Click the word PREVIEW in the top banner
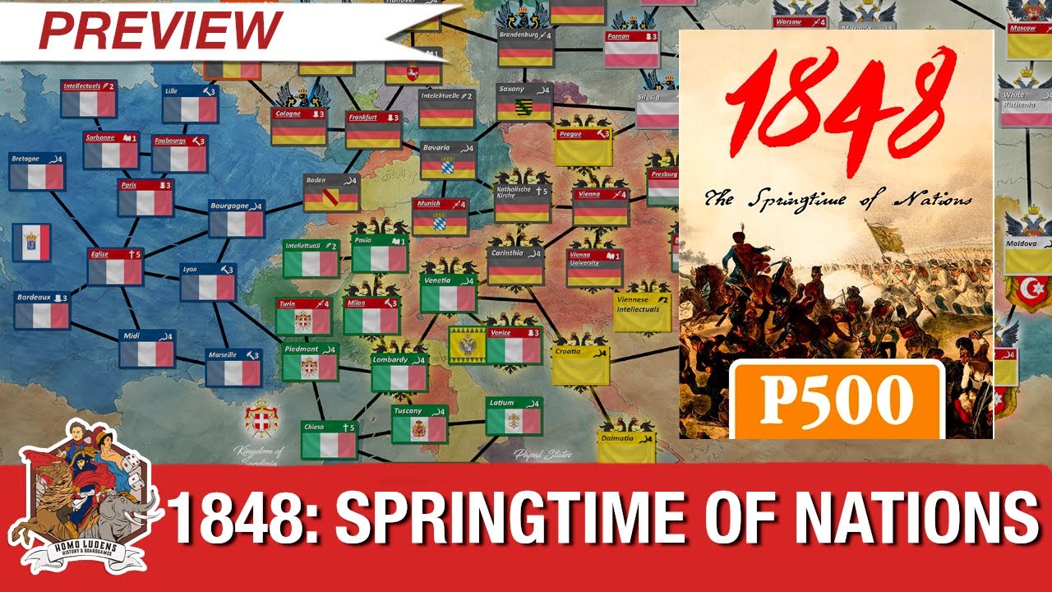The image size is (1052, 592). pyautogui.click(x=160, y=30)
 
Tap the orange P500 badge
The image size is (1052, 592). pyautogui.click(x=835, y=400)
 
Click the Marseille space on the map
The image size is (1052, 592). pyautogui.click(x=233, y=367)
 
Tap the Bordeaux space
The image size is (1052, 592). pyautogui.click(x=41, y=309)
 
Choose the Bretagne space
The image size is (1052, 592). pyautogui.click(x=37, y=171)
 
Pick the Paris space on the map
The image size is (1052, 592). pyautogui.click(x=145, y=197)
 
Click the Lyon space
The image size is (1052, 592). pyautogui.click(x=208, y=282)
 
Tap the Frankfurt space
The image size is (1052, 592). pyautogui.click(x=373, y=130)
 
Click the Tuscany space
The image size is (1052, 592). pyautogui.click(x=419, y=423)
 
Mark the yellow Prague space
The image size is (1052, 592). pyautogui.click(x=583, y=146)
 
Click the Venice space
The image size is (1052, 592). pyautogui.click(x=514, y=345)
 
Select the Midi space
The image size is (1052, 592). pyautogui.click(x=147, y=348)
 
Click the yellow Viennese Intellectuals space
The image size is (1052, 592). pyautogui.click(x=642, y=311)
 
